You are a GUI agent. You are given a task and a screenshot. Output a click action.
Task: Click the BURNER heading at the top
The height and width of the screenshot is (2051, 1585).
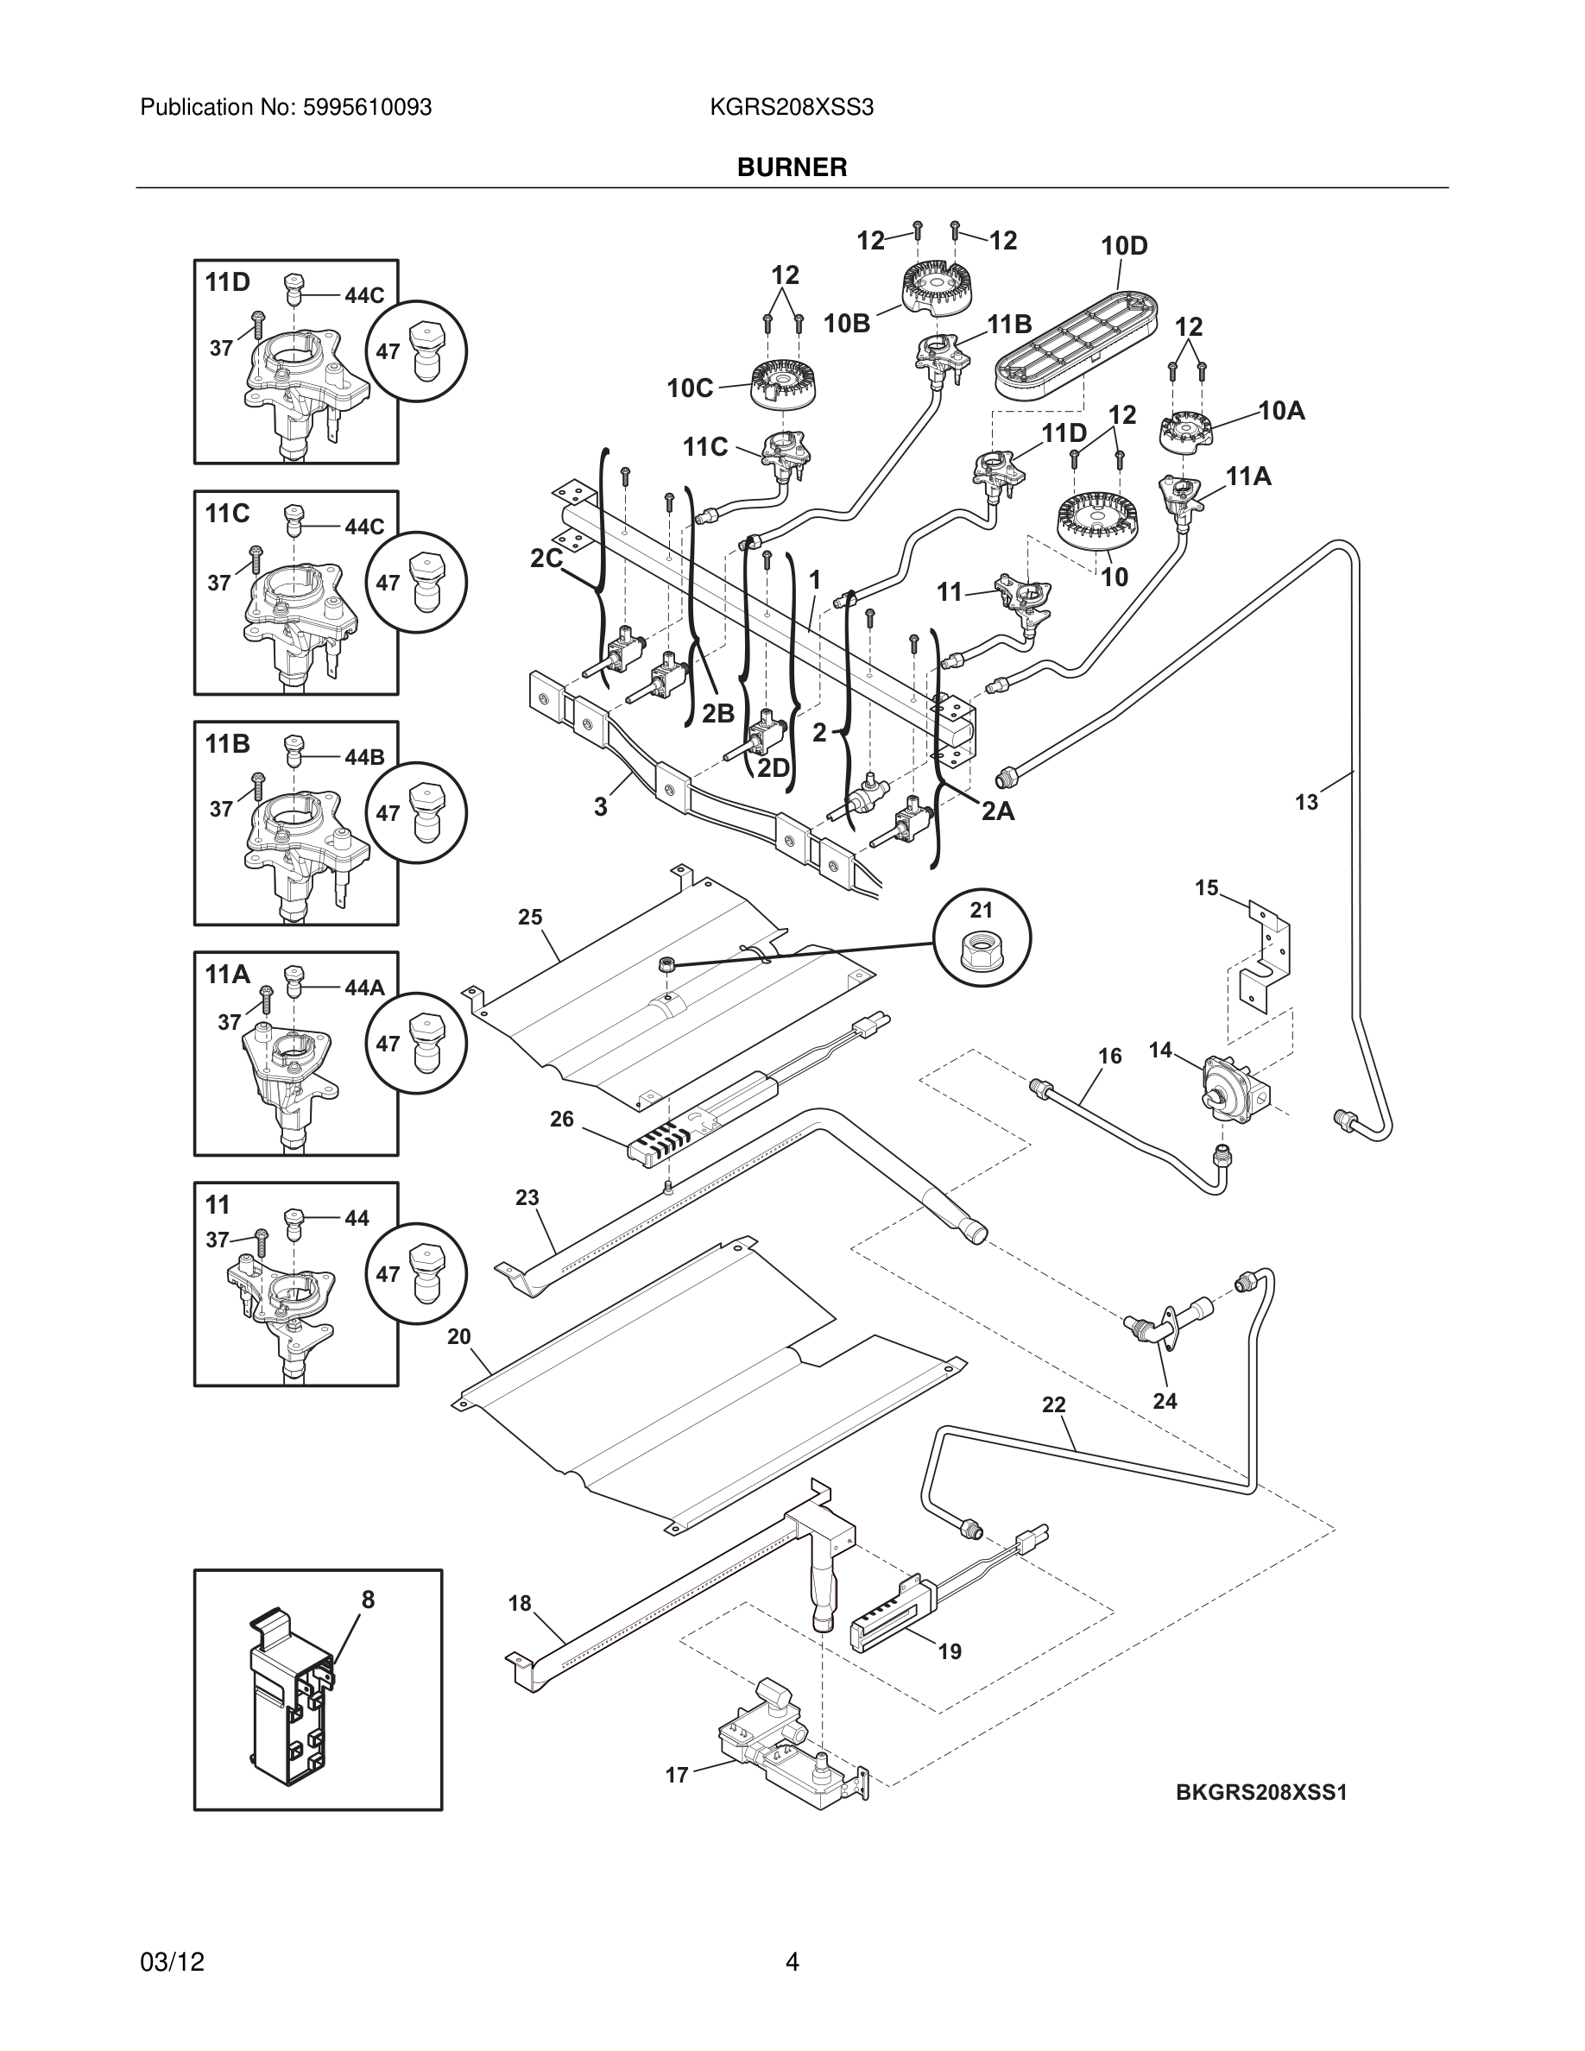point(792,167)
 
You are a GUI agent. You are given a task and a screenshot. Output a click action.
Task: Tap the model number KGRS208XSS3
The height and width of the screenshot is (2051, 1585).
point(792,108)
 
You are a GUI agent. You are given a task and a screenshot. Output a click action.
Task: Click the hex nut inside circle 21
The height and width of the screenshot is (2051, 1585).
point(982,951)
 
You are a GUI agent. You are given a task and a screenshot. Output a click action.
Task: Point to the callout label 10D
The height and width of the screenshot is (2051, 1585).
point(1124,246)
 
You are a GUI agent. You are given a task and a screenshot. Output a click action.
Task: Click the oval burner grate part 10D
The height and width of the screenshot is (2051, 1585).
point(1074,344)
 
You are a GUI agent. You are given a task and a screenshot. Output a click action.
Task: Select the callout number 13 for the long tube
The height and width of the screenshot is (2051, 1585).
point(1306,802)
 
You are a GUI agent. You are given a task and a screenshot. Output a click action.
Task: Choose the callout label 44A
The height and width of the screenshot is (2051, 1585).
point(364,987)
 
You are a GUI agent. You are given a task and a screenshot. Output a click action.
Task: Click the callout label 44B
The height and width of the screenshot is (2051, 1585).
point(364,757)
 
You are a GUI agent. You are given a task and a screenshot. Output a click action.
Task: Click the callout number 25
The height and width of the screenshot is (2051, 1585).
point(531,918)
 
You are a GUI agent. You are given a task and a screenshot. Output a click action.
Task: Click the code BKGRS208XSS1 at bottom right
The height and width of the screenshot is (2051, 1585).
point(1261,1793)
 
